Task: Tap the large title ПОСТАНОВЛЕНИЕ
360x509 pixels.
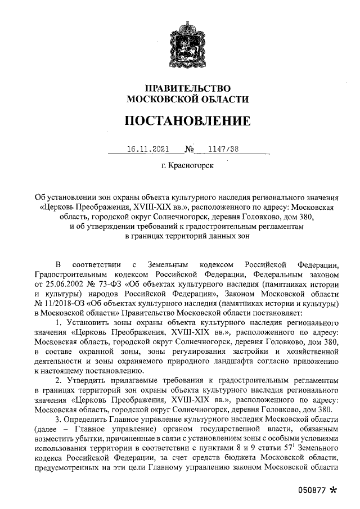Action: (x=187, y=121)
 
